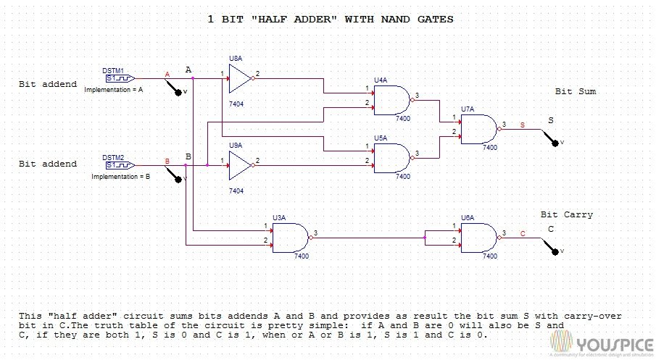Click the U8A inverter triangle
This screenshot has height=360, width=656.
pyautogui.click(x=238, y=78)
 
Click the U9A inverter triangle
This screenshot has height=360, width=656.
pyautogui.click(x=238, y=165)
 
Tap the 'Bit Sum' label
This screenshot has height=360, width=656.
pyautogui.click(x=576, y=92)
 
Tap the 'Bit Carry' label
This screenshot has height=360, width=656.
pyautogui.click(x=567, y=214)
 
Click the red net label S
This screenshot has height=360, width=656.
pyautogui.click(x=523, y=125)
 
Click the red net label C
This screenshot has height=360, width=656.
pyautogui.click(x=523, y=233)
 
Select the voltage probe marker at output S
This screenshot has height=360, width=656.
pyautogui.click(x=557, y=142)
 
